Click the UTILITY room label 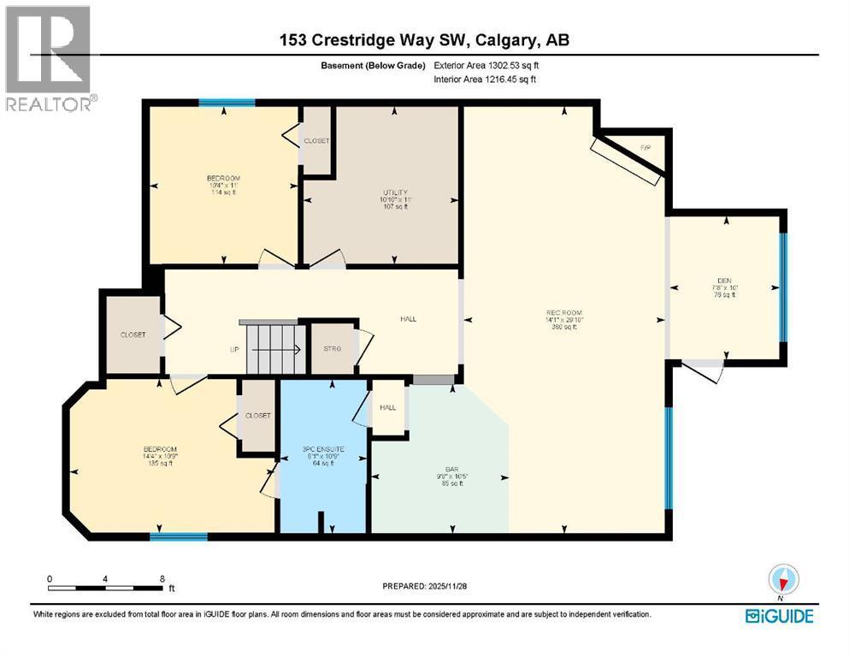coord(395,192)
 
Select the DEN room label coord(724,280)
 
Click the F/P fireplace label coord(646,149)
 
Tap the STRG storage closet coord(333,348)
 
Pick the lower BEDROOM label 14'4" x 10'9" coord(160,450)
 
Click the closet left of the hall coord(133,334)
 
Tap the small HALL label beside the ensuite coord(388,407)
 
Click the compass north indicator coord(783,581)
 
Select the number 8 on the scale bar coord(162,578)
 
